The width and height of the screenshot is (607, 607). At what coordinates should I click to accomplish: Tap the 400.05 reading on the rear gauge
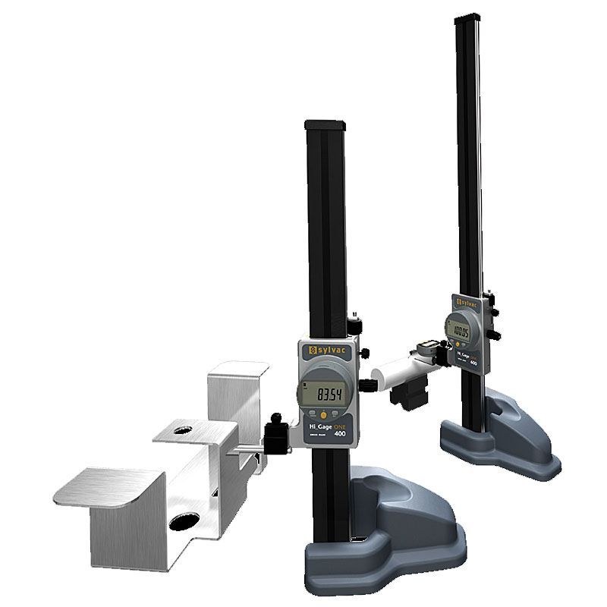coord(461,332)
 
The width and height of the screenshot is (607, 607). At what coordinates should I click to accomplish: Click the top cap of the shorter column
coord(326,124)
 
